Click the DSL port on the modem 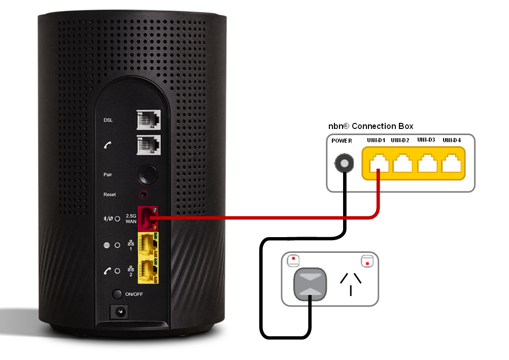[x=148, y=120]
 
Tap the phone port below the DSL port [x=148, y=145]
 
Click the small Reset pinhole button [x=146, y=194]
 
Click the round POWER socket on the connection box [x=343, y=164]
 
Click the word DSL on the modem [x=108, y=120]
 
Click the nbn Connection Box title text [x=371, y=126]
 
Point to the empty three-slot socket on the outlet [x=351, y=283]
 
